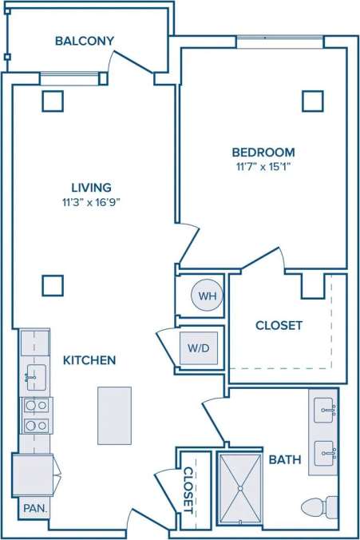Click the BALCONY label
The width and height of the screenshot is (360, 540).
pos(85,41)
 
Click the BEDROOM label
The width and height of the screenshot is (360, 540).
pos(263,152)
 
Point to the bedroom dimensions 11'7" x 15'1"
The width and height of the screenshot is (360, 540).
pos(263,166)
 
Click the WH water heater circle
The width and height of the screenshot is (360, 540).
pos(208,296)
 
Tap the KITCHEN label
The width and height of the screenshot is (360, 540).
pos(89,360)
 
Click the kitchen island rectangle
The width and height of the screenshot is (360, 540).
pos(114,415)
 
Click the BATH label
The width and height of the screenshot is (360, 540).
pos(284,459)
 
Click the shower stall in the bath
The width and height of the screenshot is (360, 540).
pos(239,488)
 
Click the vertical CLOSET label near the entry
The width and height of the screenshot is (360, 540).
pos(188,490)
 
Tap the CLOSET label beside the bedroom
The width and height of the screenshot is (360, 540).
pos(279,325)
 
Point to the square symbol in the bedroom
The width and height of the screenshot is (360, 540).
pos(313,101)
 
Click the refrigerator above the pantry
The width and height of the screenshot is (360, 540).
pos(32,474)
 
